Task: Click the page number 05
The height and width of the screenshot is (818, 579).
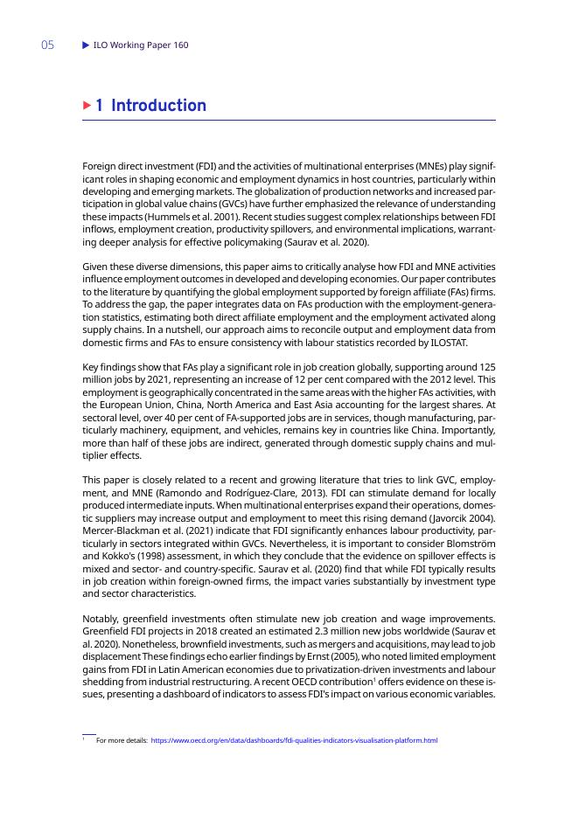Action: click(47, 45)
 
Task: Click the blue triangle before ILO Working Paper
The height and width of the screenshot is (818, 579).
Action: click(85, 45)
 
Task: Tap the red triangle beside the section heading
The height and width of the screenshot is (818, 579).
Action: click(87, 106)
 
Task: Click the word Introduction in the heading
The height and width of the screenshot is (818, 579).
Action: click(159, 106)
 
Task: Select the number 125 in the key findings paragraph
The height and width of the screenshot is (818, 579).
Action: click(487, 368)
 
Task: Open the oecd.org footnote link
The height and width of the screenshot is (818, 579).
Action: click(294, 740)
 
